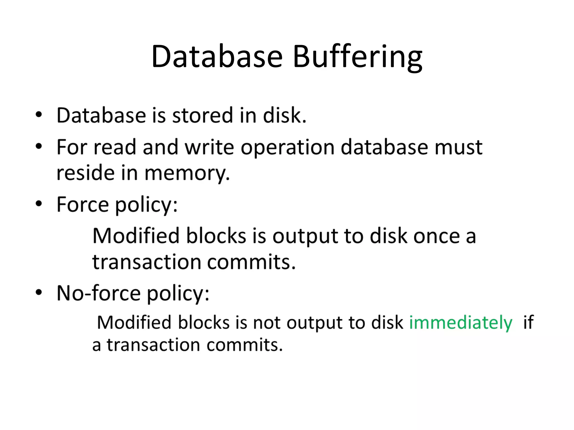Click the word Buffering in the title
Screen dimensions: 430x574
357,57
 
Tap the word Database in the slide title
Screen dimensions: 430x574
217,57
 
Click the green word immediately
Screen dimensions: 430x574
460,322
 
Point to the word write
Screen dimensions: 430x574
209,147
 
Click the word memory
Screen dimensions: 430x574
187,173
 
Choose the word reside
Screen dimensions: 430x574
85,173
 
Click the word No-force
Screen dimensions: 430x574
99,293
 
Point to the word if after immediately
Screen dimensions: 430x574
528,322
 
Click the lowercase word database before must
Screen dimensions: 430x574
384,147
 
